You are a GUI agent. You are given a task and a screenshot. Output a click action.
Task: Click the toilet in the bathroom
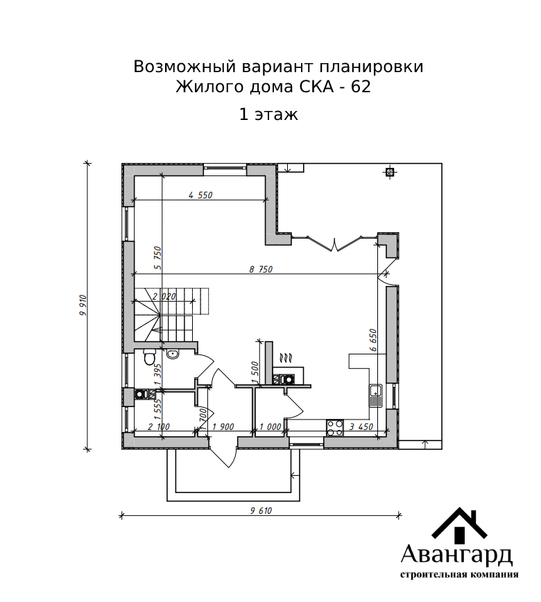pos(148,357)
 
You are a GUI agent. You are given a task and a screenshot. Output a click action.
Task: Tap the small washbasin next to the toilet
pos(173,354)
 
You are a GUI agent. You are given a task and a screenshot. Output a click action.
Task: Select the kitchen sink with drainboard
pos(375,396)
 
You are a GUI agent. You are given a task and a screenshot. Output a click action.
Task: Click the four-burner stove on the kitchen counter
pos(335,428)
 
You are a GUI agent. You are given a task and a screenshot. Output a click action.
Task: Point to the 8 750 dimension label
pos(261,270)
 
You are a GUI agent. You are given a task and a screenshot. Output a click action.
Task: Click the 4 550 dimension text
pos(200,195)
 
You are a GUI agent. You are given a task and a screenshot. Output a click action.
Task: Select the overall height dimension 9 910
pos(83,306)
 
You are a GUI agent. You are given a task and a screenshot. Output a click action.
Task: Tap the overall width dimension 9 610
pos(261,510)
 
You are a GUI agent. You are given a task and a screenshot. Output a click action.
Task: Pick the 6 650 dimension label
pos(373,340)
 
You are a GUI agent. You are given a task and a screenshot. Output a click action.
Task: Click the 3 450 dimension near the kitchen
pos(361,427)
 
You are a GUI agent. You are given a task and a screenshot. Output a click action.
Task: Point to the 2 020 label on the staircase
pos(164,296)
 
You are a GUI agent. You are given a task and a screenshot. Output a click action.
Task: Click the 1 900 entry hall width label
pos(223,427)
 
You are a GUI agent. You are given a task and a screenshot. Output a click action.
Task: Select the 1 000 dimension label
pos(270,427)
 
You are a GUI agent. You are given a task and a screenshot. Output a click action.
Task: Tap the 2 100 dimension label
pos(158,427)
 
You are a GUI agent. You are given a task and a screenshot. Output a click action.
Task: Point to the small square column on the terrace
pos(390,172)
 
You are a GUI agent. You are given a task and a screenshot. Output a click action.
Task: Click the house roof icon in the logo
pos(459,525)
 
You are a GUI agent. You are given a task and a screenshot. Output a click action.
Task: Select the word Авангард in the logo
pos(456,554)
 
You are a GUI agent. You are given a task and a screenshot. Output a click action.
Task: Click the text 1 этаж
pos(268,114)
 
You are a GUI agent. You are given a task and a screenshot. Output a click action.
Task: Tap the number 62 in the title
pos(361,87)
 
